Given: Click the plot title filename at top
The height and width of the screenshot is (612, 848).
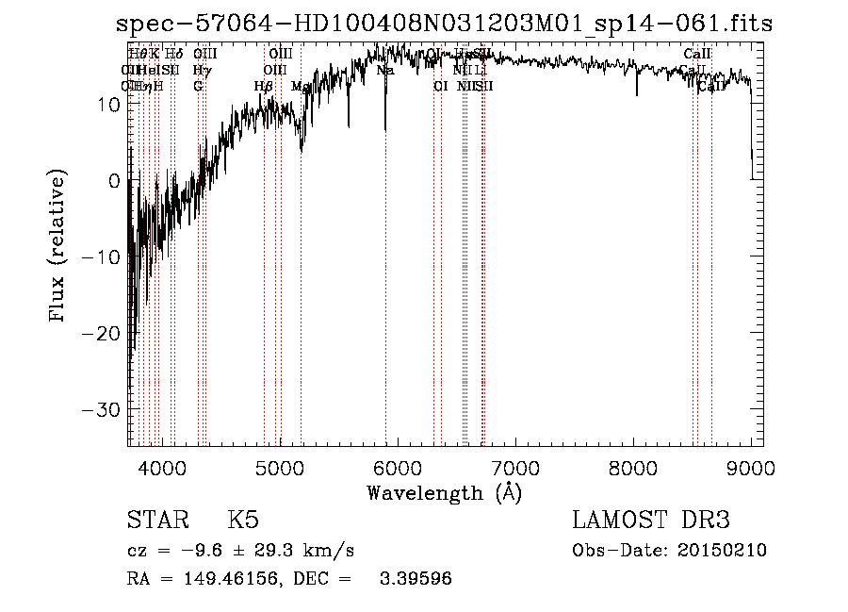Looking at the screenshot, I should point(443,24).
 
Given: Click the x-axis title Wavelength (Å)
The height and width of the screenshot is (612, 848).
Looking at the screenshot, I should point(444,492).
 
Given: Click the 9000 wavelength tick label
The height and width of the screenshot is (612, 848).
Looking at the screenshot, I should point(750,467).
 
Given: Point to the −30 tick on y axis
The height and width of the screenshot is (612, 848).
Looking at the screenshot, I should point(101,410).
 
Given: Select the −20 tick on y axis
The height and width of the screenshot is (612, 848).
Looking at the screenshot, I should point(101,334).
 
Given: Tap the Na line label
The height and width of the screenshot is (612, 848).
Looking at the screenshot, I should point(384,70).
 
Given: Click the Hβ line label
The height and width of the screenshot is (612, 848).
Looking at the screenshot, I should point(264,86).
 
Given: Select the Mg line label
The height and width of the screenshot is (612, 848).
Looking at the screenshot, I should point(299,86).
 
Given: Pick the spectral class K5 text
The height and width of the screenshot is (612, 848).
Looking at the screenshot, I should point(243,521).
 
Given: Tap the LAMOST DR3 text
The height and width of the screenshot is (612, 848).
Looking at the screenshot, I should point(651,521).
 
